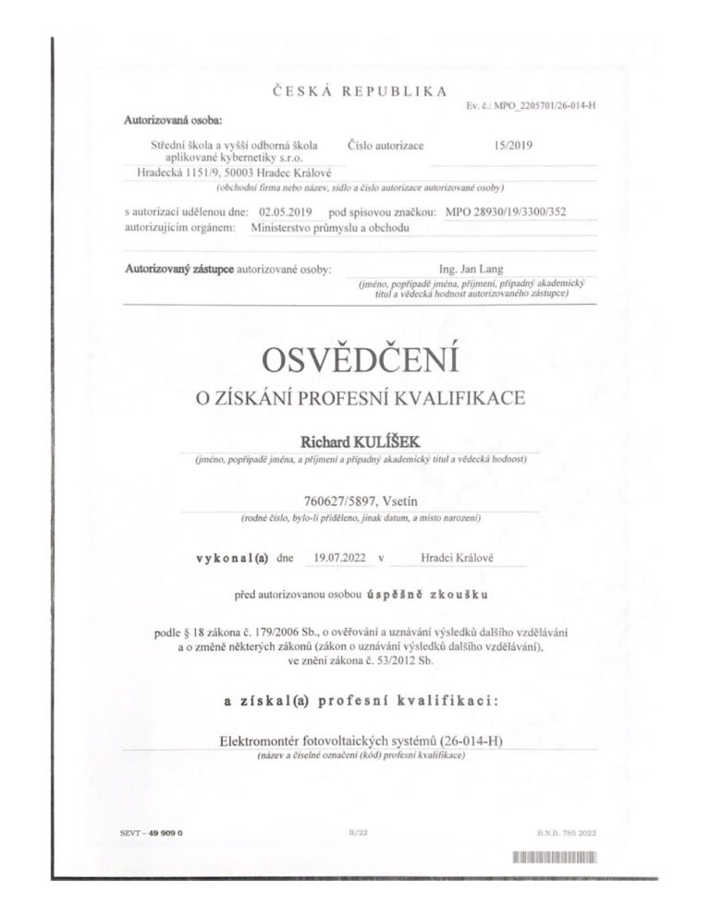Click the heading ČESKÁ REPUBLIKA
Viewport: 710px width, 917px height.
tap(356, 90)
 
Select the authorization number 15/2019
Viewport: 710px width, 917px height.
tap(514, 144)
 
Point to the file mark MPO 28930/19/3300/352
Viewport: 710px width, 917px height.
tap(506, 211)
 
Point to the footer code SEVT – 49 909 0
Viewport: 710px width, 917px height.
tap(153, 832)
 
